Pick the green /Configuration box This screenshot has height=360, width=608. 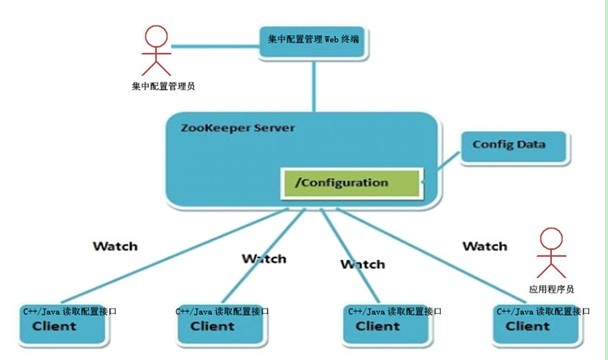351,184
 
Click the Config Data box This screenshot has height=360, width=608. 516,146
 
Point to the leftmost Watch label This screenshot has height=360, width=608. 115,246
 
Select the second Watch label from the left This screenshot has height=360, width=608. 264,258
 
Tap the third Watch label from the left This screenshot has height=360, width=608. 362,265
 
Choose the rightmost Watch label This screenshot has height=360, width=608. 485,246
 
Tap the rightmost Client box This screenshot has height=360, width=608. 534,319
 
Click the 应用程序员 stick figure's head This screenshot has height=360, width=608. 549,240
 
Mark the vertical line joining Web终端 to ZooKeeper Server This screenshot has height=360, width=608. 315,85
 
